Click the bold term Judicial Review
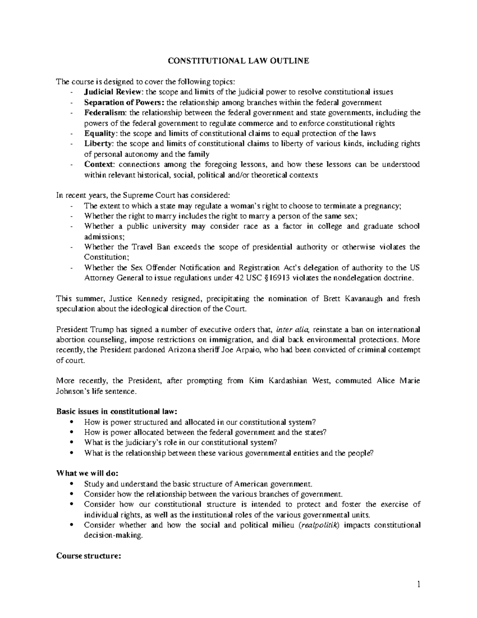coord(109,92)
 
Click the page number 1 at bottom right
coord(418,585)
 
